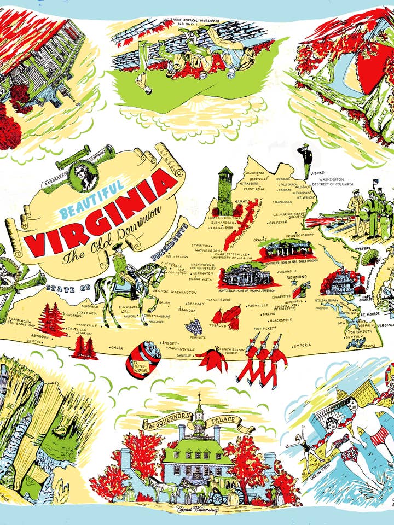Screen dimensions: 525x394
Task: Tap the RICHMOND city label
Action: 297,277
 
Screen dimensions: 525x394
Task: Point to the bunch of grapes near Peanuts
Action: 192,326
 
